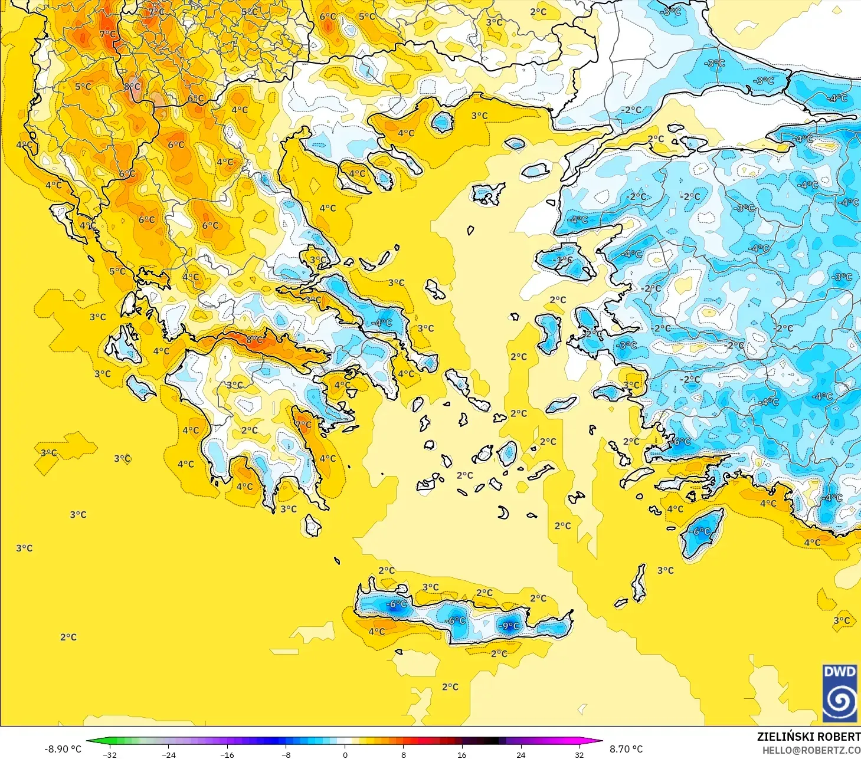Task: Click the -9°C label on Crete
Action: click(509, 626)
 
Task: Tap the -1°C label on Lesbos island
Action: click(563, 260)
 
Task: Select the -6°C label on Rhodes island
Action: click(700, 531)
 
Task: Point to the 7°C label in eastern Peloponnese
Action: click(303, 425)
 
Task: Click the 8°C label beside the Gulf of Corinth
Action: click(254, 340)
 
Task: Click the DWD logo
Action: click(839, 693)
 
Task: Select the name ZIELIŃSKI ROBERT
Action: click(808, 737)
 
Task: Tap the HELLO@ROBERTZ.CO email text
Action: click(811, 750)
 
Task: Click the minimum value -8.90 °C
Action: click(63, 749)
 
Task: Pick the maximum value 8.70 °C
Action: click(626, 749)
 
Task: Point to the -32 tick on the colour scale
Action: click(110, 754)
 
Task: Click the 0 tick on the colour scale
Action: click(345, 754)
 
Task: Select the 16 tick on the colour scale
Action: click(462, 754)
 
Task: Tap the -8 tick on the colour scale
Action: click(286, 754)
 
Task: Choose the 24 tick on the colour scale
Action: click(520, 754)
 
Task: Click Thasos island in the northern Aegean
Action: click(442, 122)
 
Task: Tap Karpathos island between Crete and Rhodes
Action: click(639, 583)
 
